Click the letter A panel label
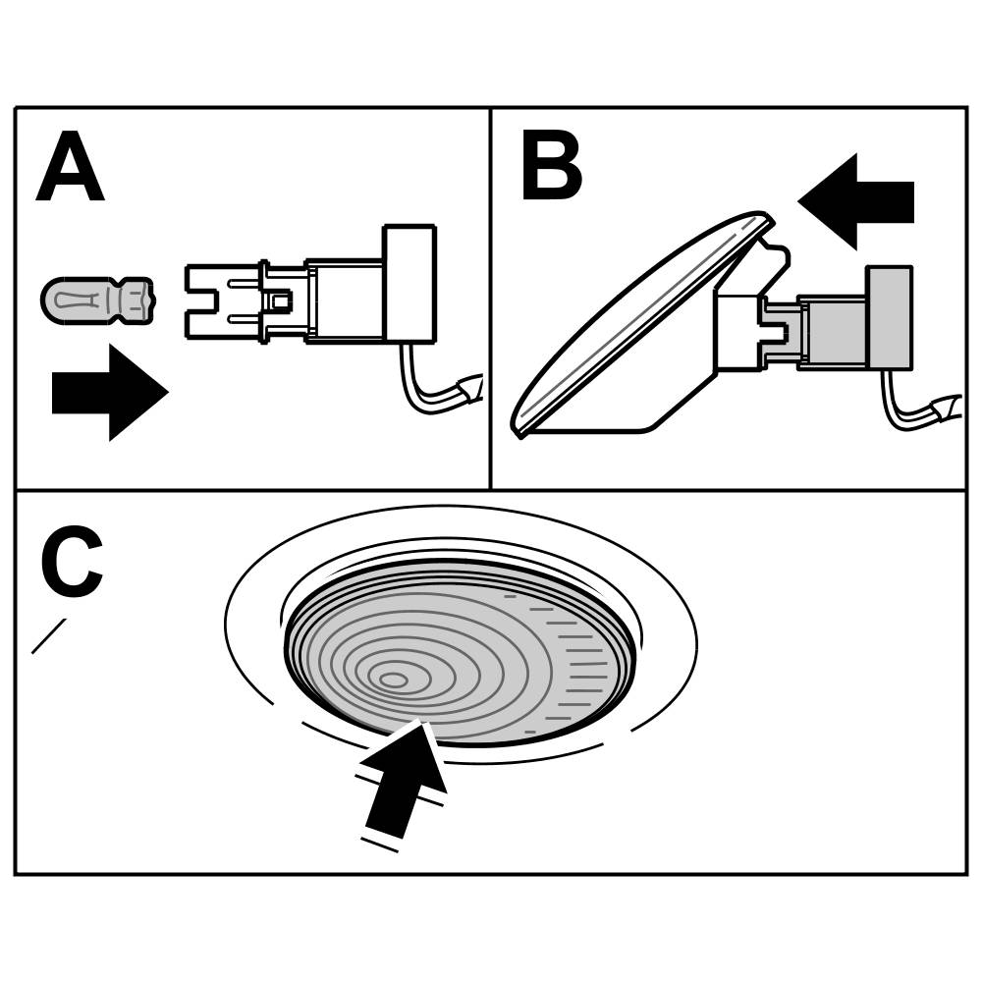70,170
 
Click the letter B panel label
551,169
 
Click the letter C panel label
71,562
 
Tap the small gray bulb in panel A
95,300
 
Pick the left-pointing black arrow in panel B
855,201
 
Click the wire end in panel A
471,389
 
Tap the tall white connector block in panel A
409,284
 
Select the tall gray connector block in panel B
889,317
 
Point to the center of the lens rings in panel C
393,680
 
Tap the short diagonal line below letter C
48,635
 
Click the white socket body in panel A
344,300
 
